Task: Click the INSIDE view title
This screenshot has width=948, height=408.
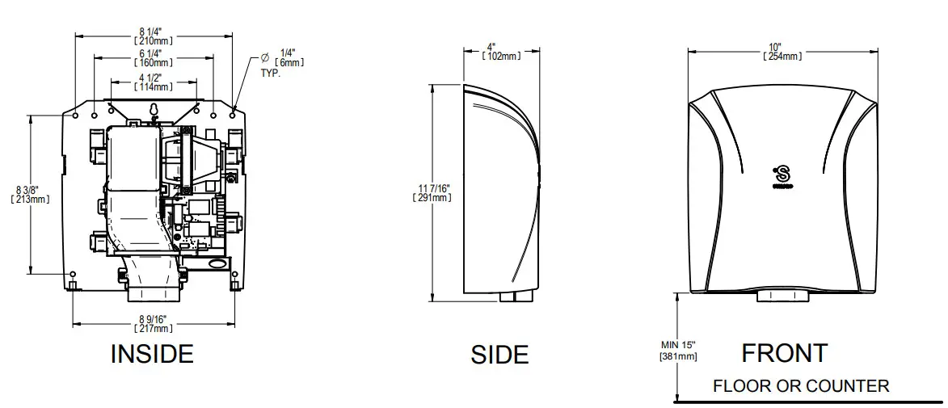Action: pos(151,353)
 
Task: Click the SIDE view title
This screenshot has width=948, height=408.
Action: pos(499,355)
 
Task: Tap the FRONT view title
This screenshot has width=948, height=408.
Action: pos(784,353)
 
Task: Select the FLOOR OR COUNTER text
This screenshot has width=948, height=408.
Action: pos(800,385)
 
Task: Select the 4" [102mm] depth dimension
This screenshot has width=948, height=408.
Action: pos(500,52)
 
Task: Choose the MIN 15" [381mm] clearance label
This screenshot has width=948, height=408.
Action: pos(678,351)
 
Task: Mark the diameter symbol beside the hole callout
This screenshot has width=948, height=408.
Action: pos(263,57)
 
